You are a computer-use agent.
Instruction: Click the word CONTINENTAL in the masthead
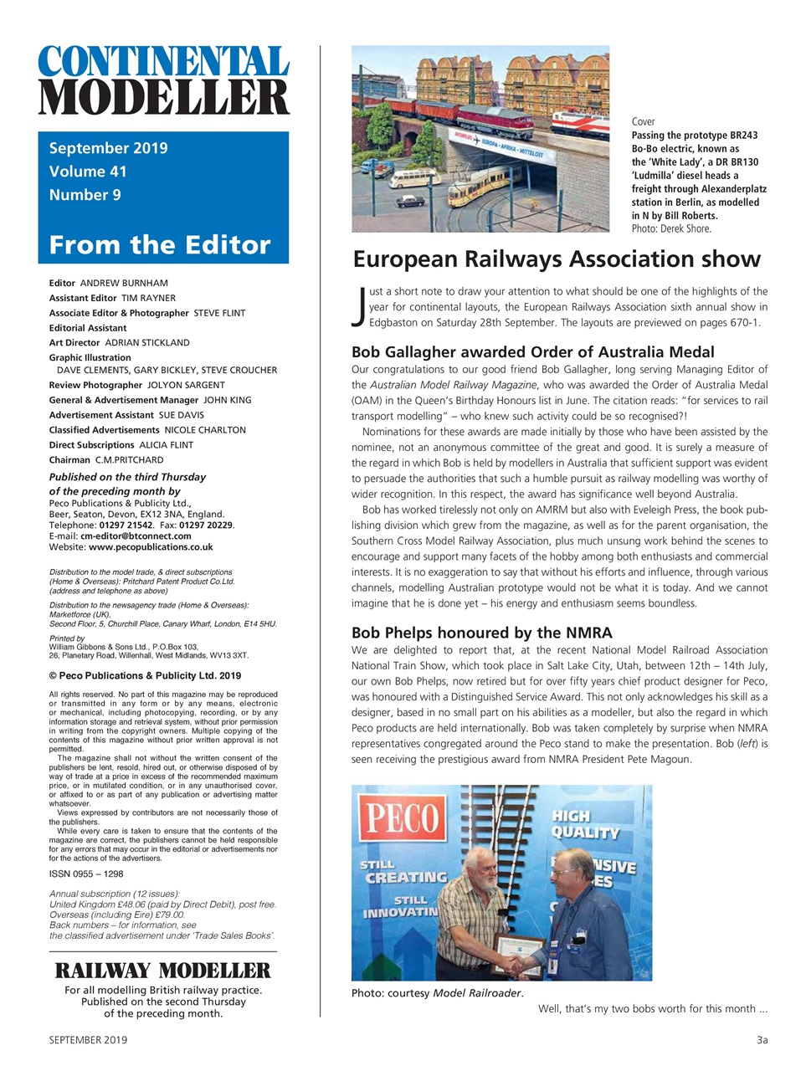tap(163, 64)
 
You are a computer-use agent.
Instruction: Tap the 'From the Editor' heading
tap(160, 245)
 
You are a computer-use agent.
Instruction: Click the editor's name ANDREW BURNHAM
tap(123, 283)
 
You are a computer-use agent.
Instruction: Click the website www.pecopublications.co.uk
tap(151, 546)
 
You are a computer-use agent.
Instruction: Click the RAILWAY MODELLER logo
tap(163, 971)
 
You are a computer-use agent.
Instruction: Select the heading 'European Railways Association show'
tap(557, 259)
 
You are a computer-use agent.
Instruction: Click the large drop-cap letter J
tap(359, 305)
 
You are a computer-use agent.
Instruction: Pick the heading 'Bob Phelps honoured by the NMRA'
tap(481, 633)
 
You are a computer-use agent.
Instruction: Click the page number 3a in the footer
tap(761, 1040)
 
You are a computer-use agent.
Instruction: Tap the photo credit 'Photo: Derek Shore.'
tap(671, 228)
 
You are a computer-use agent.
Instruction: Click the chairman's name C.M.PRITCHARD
tap(129, 460)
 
